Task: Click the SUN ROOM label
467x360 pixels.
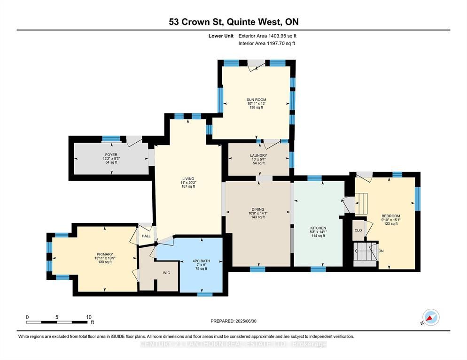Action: (x=256, y=100)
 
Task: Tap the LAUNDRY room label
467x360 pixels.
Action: (x=258, y=156)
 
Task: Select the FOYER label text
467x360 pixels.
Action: (x=111, y=155)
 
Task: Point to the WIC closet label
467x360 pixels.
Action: (x=166, y=273)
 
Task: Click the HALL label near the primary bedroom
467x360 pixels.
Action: (x=146, y=236)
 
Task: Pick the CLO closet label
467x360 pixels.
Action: (x=358, y=230)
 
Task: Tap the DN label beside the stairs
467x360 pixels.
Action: (x=381, y=251)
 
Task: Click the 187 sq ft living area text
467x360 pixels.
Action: (x=188, y=186)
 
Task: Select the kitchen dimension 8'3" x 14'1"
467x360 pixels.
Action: (x=318, y=232)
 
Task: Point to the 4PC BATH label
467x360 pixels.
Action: (x=202, y=261)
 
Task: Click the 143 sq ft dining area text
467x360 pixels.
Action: (x=258, y=217)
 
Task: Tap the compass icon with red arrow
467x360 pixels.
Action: (x=431, y=317)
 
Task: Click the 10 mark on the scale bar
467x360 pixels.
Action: (x=89, y=317)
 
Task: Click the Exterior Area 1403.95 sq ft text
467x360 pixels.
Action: (x=267, y=36)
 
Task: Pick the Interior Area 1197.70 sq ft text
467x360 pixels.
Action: (x=267, y=44)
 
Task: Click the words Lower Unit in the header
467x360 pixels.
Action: (x=221, y=36)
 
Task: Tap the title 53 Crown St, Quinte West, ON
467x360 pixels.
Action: (x=234, y=22)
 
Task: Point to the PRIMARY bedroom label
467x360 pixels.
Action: (x=105, y=254)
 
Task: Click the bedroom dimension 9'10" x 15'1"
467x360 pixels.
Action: (x=391, y=220)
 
